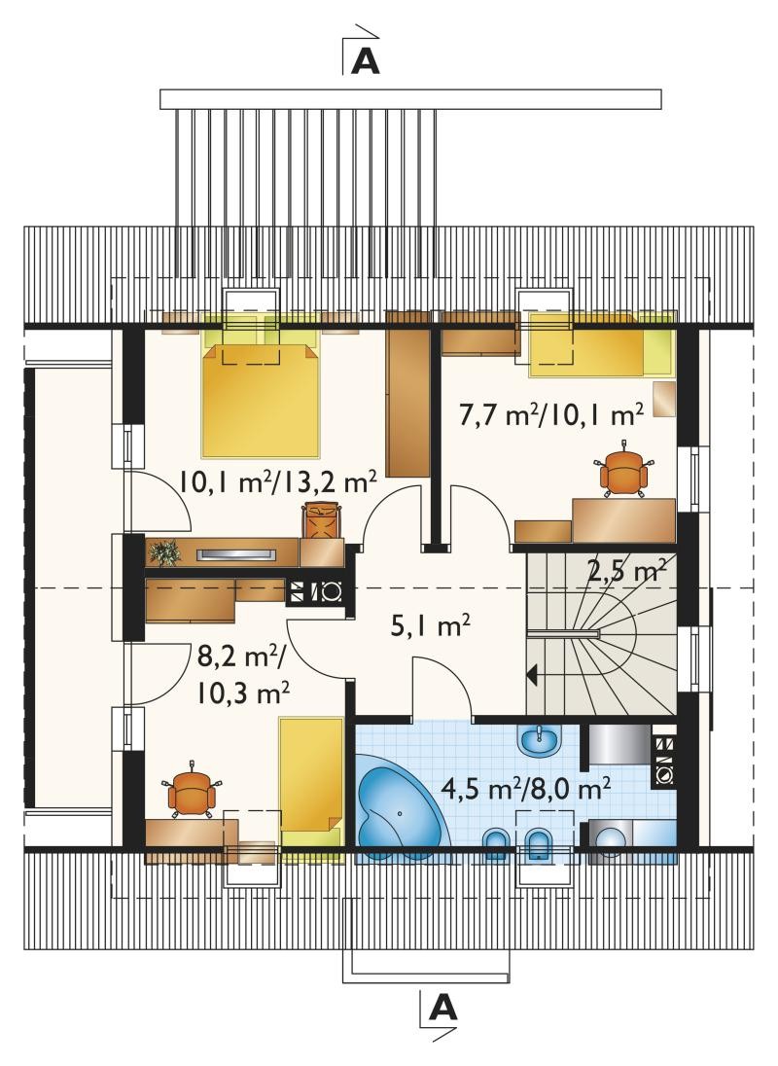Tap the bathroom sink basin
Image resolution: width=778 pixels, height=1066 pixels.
coord(540,740)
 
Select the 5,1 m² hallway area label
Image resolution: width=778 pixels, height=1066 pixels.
coord(431,624)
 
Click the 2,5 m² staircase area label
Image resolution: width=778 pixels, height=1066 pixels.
coord(625,570)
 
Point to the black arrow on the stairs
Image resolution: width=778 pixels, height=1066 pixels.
coord(533,675)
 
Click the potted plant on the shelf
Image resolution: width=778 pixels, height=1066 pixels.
coord(163,552)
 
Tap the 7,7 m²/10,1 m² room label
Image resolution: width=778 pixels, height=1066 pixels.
coord(551,414)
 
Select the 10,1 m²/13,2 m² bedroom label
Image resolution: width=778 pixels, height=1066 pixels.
coord(278,481)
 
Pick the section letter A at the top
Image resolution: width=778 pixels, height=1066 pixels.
coord(365,61)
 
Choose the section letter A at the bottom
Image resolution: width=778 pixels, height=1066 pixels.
coord(443,1009)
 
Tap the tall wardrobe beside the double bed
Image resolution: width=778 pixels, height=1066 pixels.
coord(407,394)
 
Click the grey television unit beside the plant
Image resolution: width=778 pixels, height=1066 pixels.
coord(237,554)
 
